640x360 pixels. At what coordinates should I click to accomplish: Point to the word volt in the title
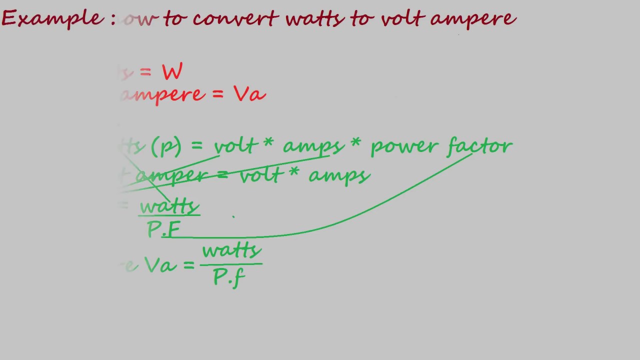tap(402, 19)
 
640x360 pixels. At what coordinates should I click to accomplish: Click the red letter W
tap(172, 72)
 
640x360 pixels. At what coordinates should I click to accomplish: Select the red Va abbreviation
tap(249, 94)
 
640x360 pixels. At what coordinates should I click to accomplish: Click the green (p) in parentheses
tap(165, 146)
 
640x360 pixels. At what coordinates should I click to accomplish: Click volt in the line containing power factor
tap(235, 146)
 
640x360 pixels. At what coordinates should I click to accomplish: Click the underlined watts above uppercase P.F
tap(169, 206)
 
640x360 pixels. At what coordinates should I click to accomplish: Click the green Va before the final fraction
tap(160, 265)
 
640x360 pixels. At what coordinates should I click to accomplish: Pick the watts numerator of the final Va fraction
tap(231, 250)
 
